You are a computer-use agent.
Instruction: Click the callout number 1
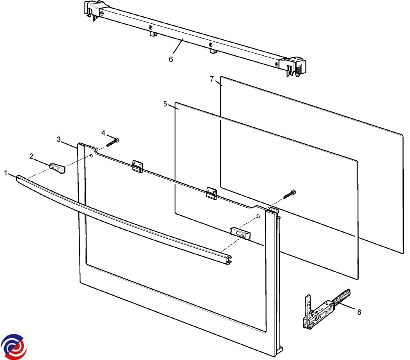(6, 173)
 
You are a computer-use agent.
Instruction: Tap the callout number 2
(32, 156)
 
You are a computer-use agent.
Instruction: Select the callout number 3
(59, 139)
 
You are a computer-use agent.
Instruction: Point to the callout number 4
(103, 133)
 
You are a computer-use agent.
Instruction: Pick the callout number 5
(165, 104)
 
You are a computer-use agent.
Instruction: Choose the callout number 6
(171, 59)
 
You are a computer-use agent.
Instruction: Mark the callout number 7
(212, 79)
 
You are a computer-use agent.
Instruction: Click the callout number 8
(359, 312)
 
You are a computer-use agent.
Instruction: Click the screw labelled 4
(113, 142)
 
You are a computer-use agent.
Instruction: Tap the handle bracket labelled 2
(57, 168)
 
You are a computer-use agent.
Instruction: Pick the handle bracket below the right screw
(240, 233)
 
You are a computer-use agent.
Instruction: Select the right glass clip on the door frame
(212, 193)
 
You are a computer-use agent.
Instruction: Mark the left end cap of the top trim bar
(92, 10)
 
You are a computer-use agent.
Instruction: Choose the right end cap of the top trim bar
(293, 67)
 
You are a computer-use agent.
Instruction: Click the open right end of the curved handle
(228, 259)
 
